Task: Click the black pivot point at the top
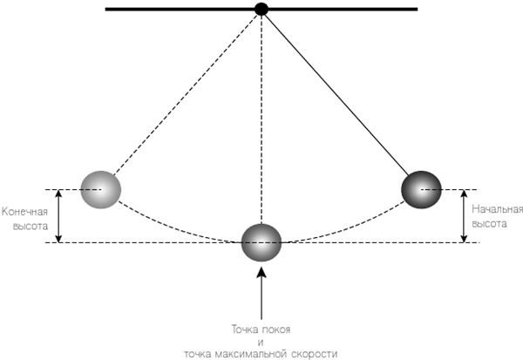pos(261,10)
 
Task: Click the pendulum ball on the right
pos(421,189)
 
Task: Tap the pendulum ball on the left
pos(100,189)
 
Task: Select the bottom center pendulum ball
pos(261,241)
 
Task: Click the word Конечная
pos(25,210)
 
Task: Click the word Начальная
pos(497,210)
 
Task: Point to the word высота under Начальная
pos(488,223)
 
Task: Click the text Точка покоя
pos(261,329)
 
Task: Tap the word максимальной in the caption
pos(261,353)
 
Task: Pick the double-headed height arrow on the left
pos(58,215)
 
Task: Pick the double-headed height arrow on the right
pos(463,215)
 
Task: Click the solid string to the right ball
pos(340,96)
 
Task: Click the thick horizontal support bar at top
pos(174,10)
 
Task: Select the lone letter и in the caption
pos(261,342)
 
